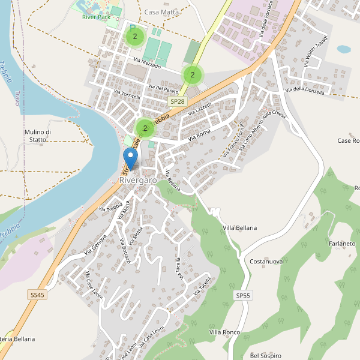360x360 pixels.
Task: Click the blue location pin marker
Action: pos(130,159)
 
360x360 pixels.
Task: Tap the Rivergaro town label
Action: pos(138,180)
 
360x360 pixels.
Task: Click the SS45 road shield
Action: pos(37,295)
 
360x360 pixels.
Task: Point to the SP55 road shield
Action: pos(243,296)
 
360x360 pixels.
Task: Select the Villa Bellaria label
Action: pos(239,228)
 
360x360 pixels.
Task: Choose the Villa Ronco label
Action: pos(224,332)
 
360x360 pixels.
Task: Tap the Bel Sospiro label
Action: pos(266,355)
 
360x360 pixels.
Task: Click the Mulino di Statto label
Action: pos(39,136)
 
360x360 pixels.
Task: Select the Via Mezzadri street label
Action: pos(148,62)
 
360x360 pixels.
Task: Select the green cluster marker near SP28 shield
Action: pos(192,74)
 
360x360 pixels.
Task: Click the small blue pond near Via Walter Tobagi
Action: pos(344,49)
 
